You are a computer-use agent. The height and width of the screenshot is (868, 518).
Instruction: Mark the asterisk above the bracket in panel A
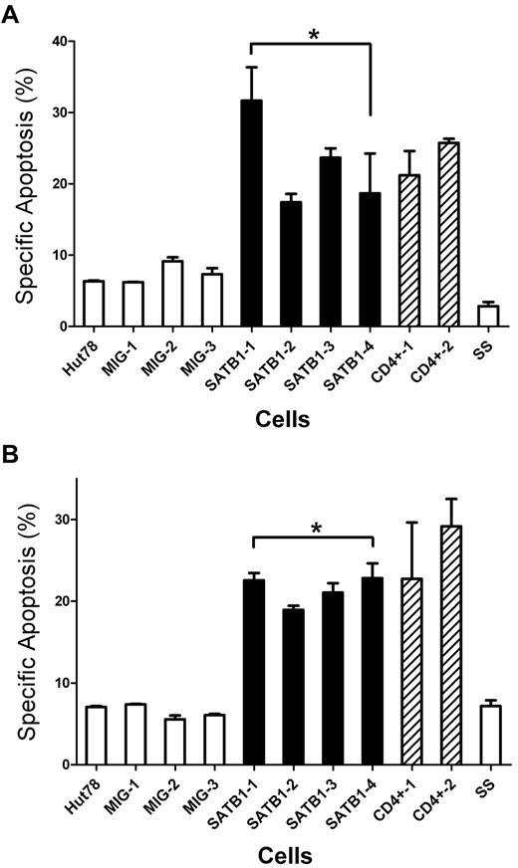click(x=313, y=36)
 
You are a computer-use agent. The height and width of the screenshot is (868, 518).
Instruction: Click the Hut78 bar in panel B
click(x=96, y=735)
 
